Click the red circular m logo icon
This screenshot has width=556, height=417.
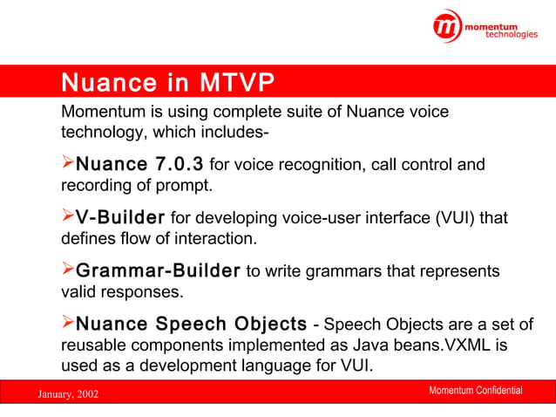pos(448,27)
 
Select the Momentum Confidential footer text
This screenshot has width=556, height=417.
pos(476,390)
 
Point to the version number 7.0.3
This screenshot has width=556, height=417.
pos(178,164)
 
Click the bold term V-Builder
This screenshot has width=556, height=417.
pos(120,216)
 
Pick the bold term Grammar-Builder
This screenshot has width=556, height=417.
pos(158,270)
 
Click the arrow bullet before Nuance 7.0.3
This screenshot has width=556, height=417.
pos(68,164)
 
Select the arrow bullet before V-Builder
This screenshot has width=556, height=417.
pos(68,216)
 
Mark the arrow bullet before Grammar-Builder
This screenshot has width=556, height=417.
pos(68,270)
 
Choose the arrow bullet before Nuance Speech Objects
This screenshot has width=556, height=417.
pos(68,325)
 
